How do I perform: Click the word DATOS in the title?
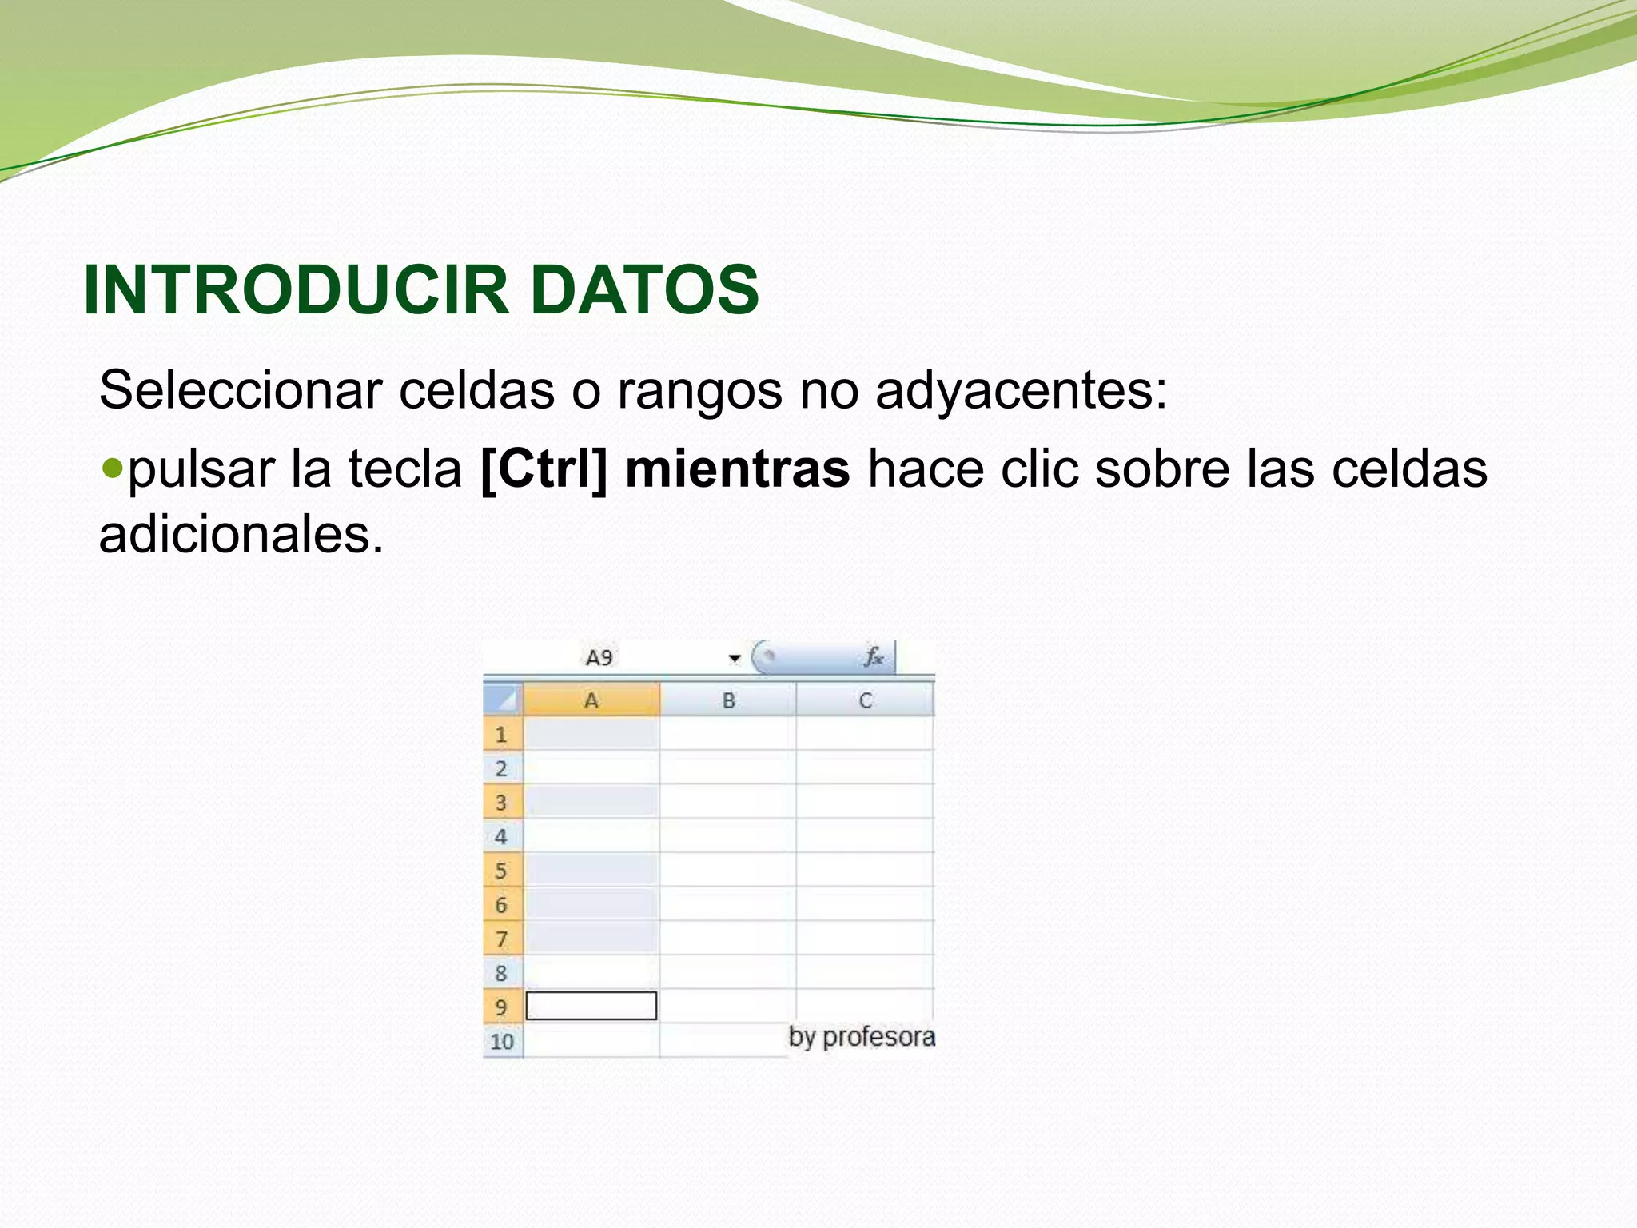(x=644, y=289)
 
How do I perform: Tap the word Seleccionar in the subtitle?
(x=241, y=390)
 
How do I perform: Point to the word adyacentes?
(x=1021, y=392)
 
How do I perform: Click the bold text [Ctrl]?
(x=544, y=468)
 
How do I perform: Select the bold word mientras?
(x=737, y=468)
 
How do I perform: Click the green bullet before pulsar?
(x=113, y=465)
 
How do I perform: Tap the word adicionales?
(x=241, y=534)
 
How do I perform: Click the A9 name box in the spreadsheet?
(x=599, y=658)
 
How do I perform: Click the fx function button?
(x=873, y=657)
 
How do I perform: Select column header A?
(x=591, y=700)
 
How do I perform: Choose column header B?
(x=728, y=700)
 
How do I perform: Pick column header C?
(x=865, y=700)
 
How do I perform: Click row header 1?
(x=502, y=734)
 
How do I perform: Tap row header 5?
(x=502, y=871)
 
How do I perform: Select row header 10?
(x=502, y=1042)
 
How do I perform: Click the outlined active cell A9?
(x=591, y=1006)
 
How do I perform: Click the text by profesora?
(x=862, y=1037)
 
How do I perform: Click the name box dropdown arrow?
(x=734, y=659)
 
